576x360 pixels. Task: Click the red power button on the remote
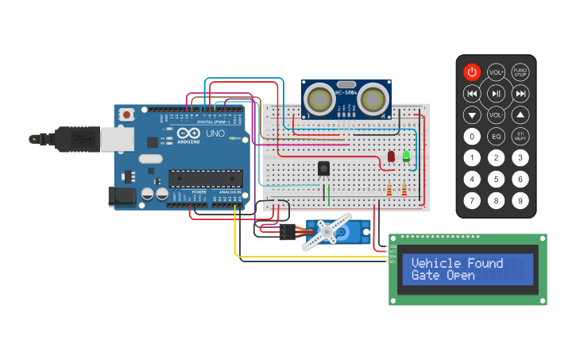472,72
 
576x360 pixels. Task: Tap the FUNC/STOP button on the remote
520,72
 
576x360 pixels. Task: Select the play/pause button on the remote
496,94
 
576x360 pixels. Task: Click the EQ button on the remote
496,137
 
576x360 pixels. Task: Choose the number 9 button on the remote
520,200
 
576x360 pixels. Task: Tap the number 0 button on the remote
472,137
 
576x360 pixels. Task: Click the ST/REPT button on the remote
520,137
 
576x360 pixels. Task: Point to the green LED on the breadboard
407,156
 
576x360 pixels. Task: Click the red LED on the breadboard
392,157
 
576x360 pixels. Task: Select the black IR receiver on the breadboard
323,168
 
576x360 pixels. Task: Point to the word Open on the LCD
460,276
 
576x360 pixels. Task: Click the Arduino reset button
127,115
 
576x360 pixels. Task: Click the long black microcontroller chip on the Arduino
205,180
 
